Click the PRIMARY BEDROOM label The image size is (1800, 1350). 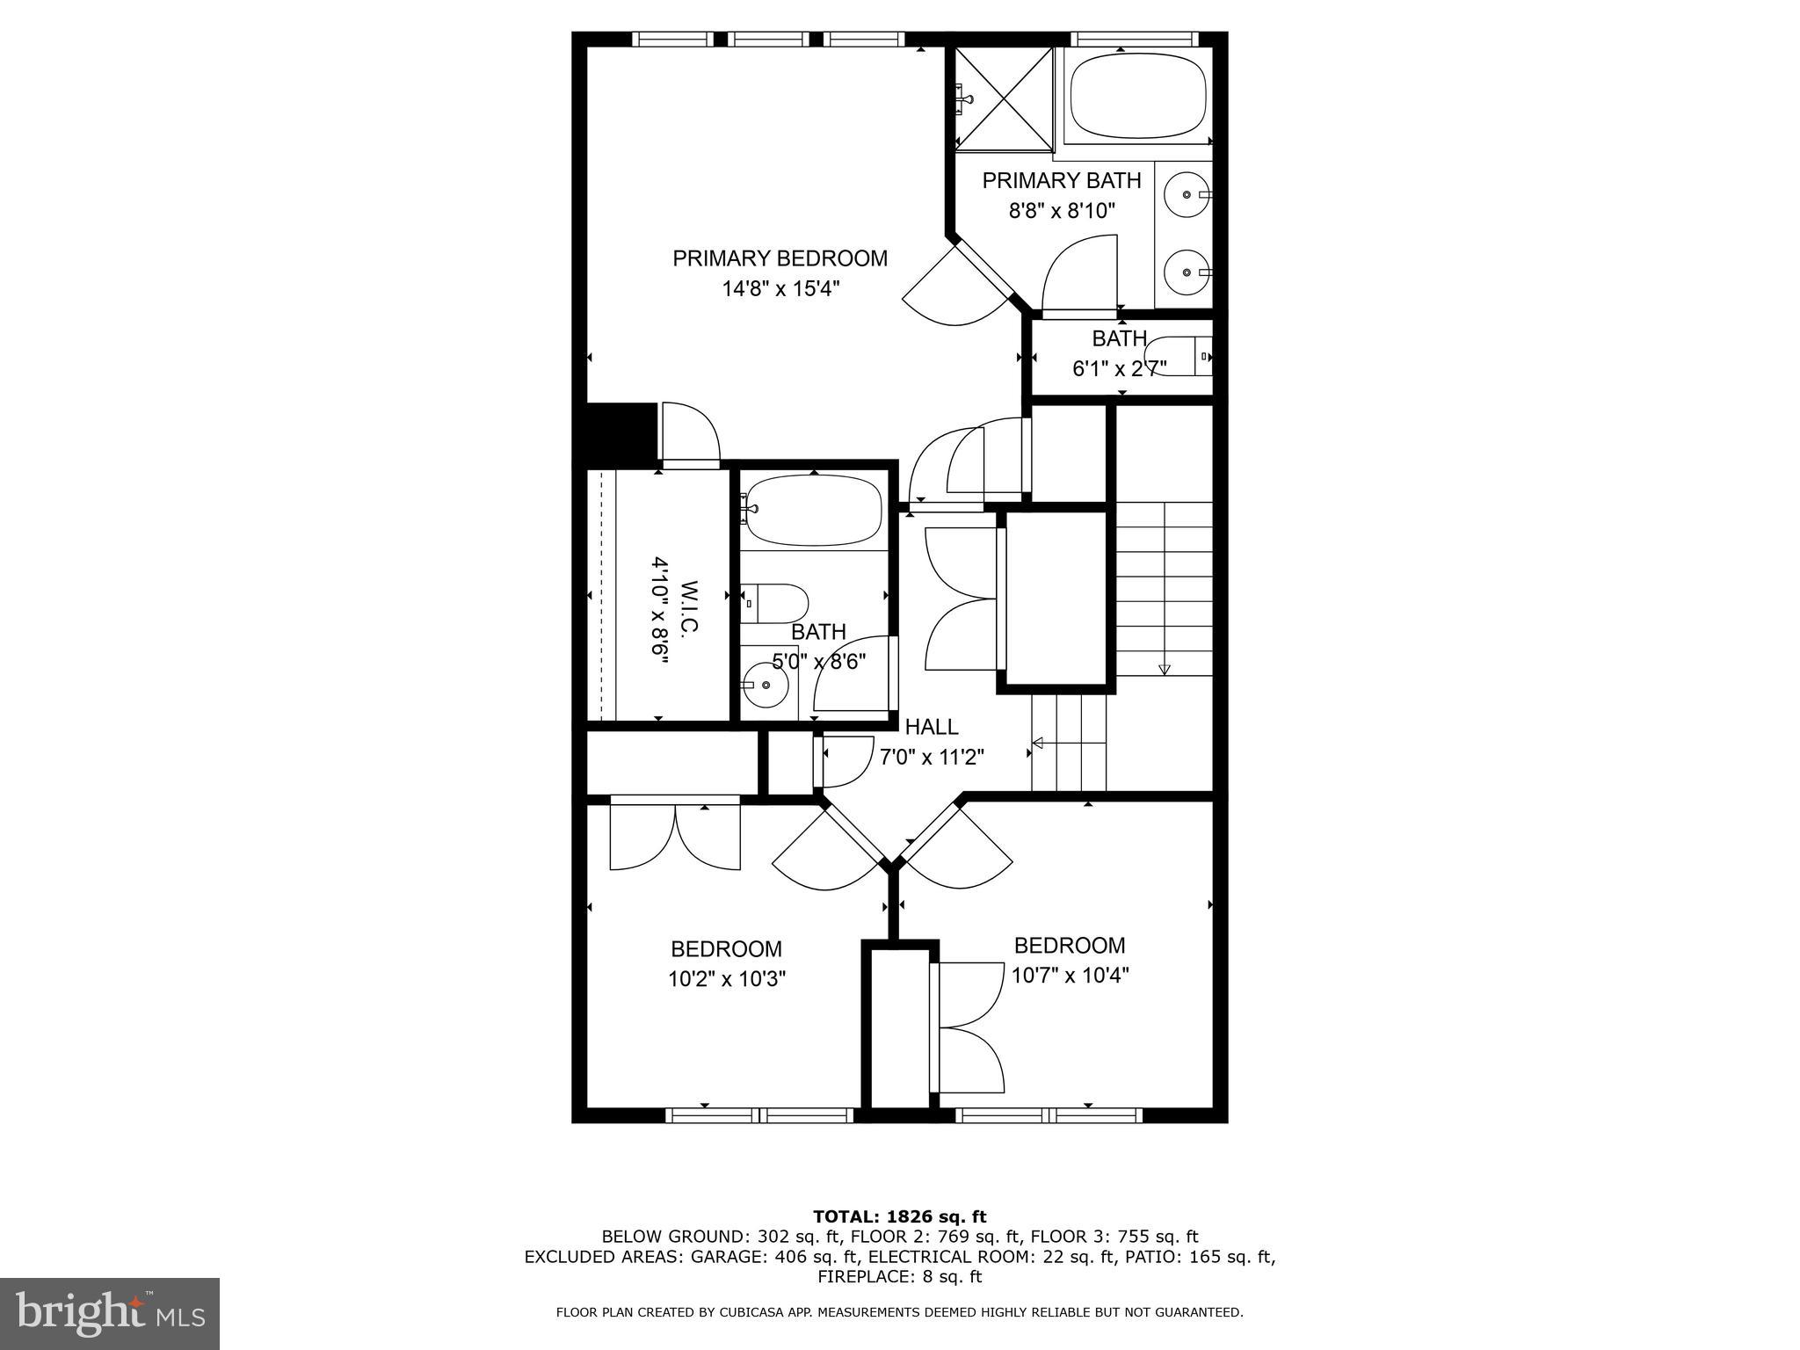(x=780, y=258)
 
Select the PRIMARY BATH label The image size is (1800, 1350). (x=1061, y=180)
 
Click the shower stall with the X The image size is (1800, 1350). (x=1004, y=98)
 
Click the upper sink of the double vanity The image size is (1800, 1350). (x=1187, y=193)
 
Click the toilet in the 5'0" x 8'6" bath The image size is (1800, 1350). (x=778, y=603)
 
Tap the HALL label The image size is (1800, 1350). (x=932, y=727)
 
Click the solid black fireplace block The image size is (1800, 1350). (x=621, y=432)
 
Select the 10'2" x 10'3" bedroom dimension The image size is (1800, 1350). (x=726, y=979)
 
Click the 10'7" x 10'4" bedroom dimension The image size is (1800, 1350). (x=1070, y=976)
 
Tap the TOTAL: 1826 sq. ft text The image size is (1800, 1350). (x=899, y=1216)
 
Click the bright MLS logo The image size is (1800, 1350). (x=110, y=1313)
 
